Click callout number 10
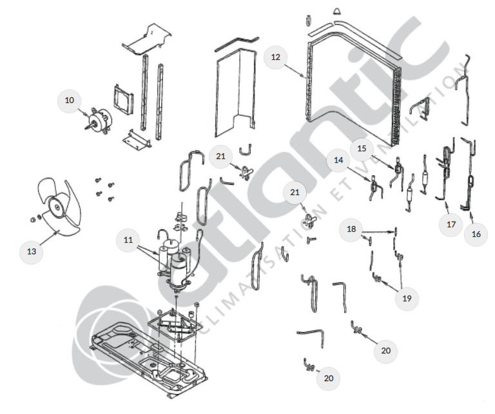click(69, 100)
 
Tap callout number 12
click(276, 57)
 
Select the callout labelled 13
click(32, 251)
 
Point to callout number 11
click(128, 240)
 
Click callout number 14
click(338, 160)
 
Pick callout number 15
click(362, 149)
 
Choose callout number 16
click(476, 234)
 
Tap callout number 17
click(451, 225)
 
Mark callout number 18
click(351, 229)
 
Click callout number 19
click(407, 298)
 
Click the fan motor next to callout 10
click(99, 120)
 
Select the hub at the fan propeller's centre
click(57, 207)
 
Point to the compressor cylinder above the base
click(179, 270)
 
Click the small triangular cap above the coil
click(336, 12)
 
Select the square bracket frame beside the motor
click(122, 99)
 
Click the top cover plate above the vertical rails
click(147, 39)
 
